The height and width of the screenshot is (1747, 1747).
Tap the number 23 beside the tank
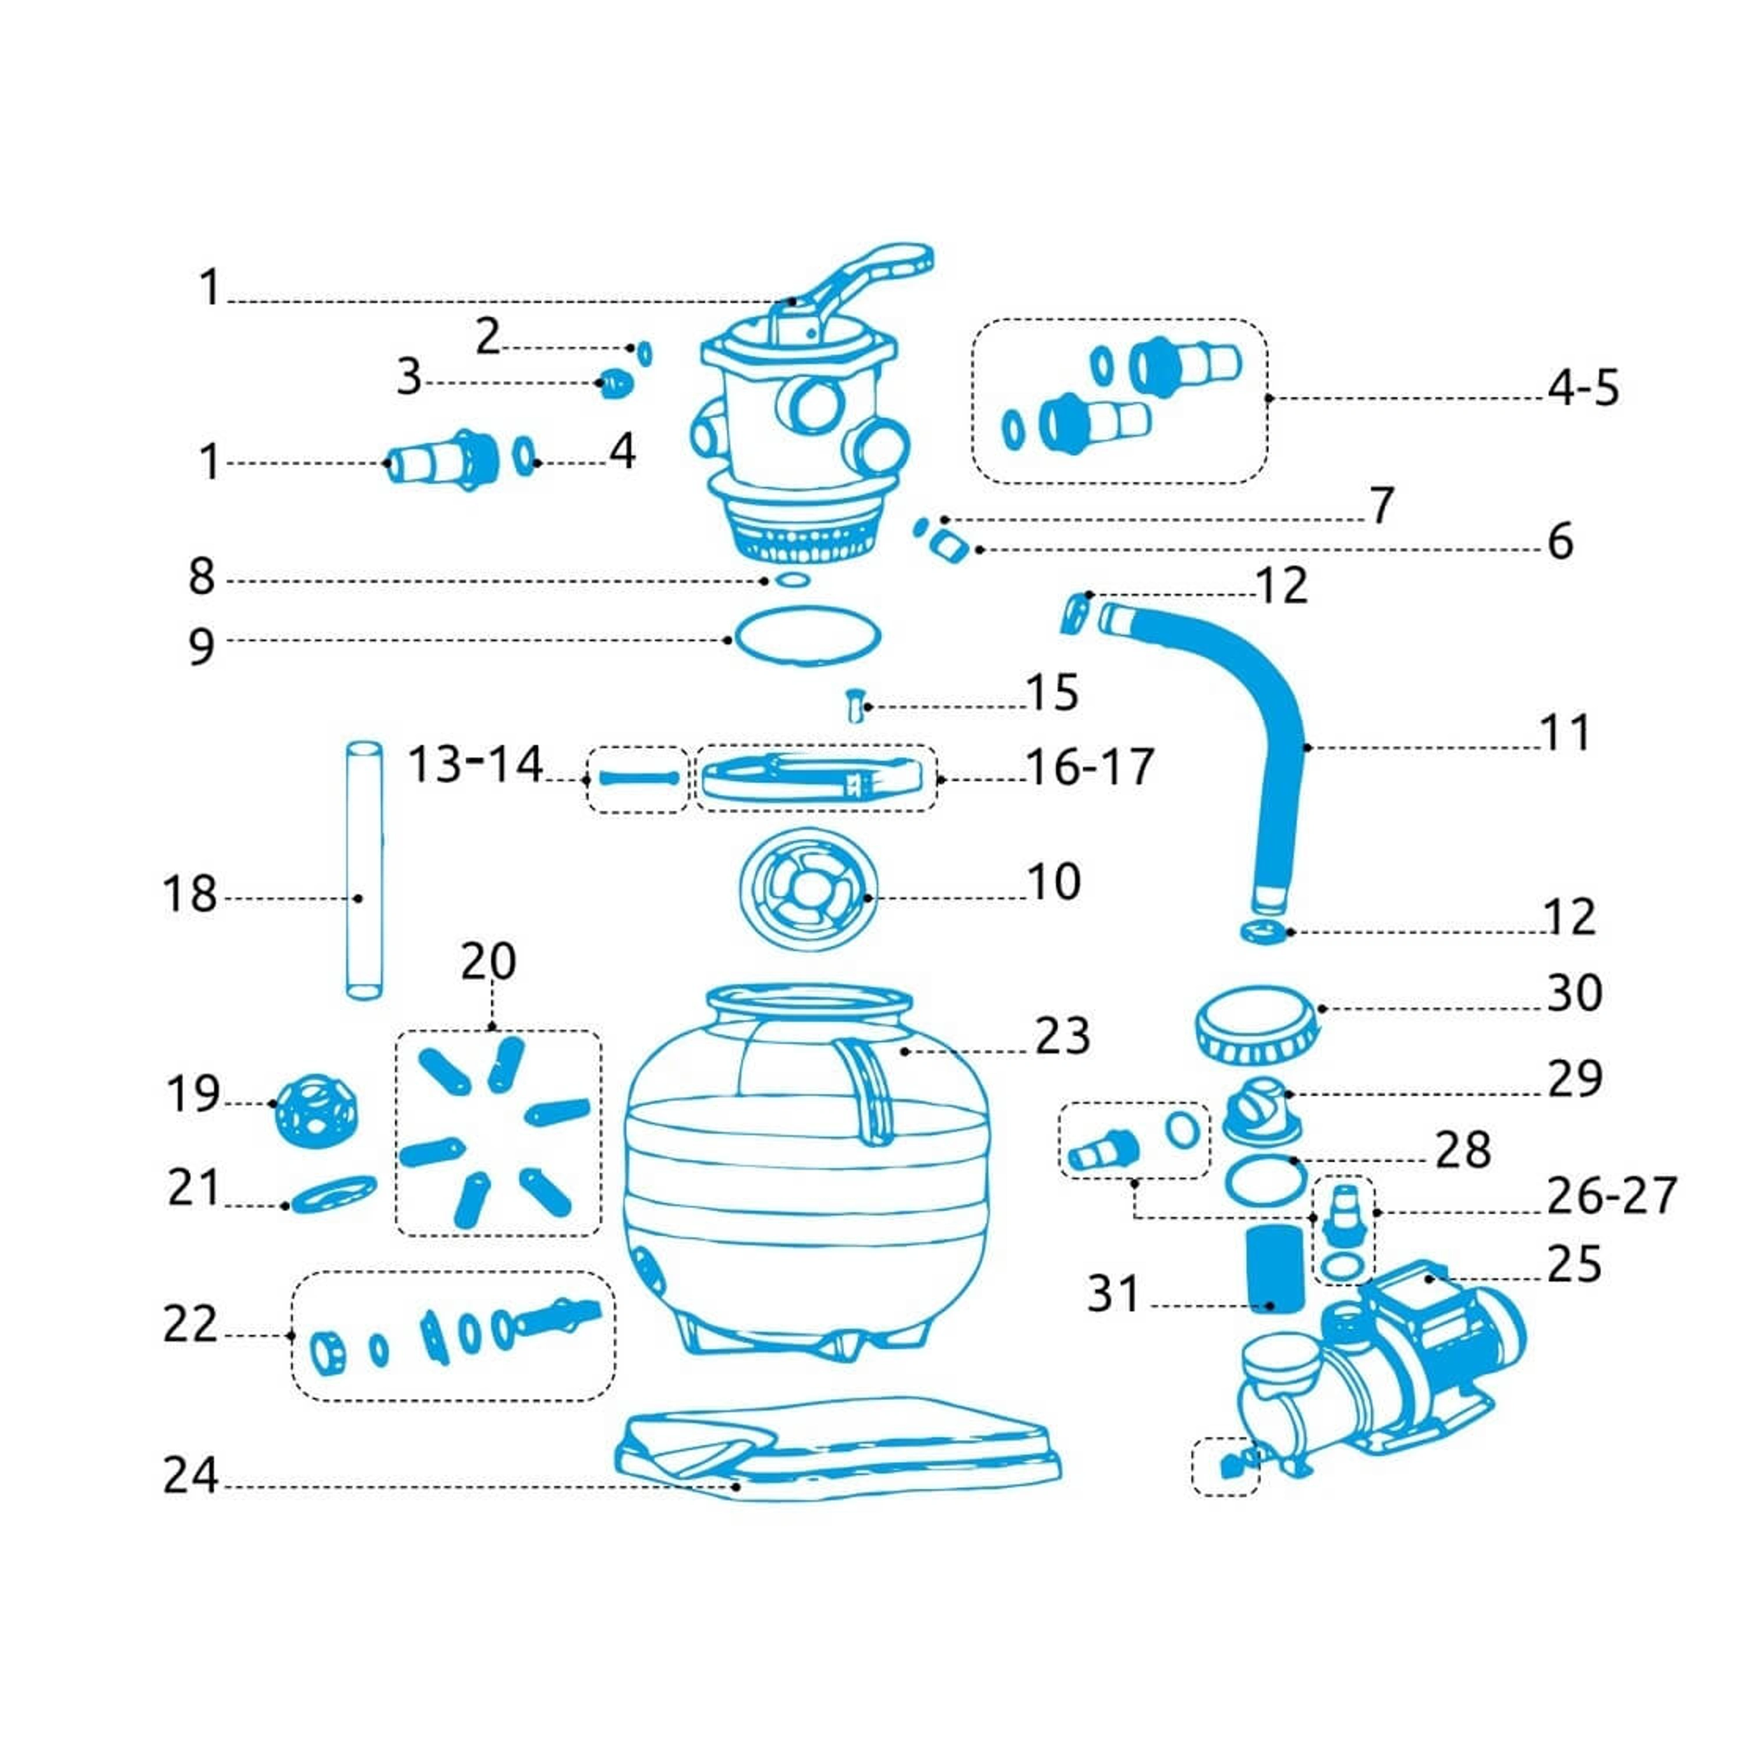click(1063, 1037)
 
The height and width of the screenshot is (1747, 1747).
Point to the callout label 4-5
click(1582, 390)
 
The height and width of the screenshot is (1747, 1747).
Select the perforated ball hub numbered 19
click(316, 1111)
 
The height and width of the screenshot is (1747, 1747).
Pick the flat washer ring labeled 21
click(328, 1194)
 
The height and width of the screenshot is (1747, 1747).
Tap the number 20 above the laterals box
click(489, 962)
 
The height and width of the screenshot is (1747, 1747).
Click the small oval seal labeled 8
click(792, 579)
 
